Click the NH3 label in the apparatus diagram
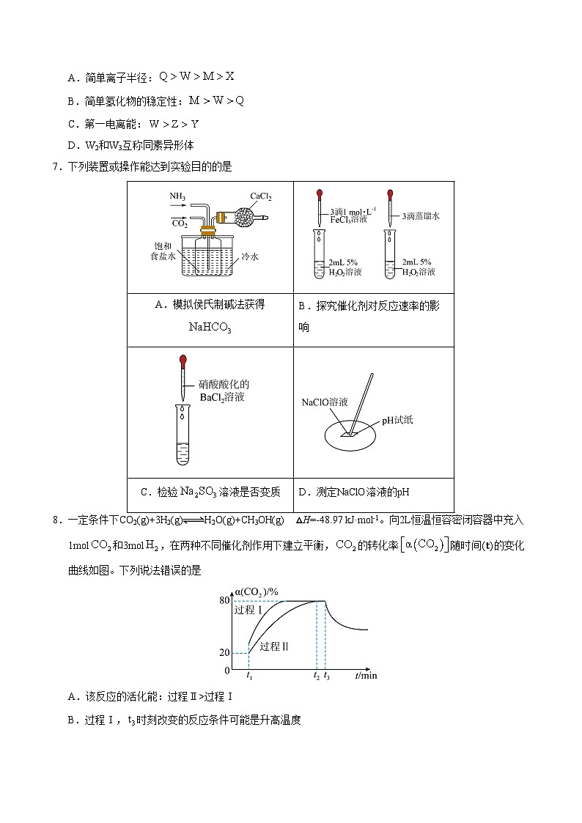[x=178, y=196]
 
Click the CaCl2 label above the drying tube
[x=261, y=196]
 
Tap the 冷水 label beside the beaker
[x=250, y=257]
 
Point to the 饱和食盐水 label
[x=163, y=251]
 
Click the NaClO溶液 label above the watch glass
[x=325, y=403]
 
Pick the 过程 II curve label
[x=275, y=646]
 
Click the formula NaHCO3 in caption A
[x=210, y=328]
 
